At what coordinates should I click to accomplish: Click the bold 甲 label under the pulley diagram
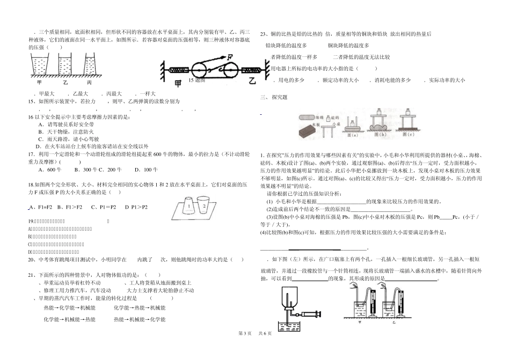pos(178,84)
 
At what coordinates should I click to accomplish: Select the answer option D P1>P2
pos(136,207)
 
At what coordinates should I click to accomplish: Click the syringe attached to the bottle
pos(310,314)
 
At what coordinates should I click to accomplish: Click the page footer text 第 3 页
pos(244,349)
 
